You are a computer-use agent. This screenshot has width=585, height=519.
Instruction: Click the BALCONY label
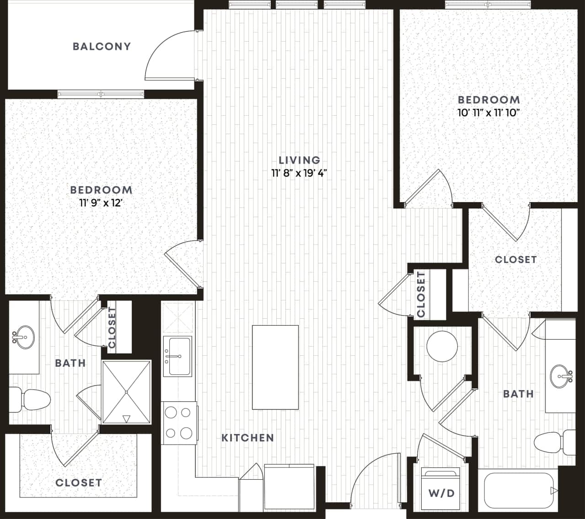coord(102,46)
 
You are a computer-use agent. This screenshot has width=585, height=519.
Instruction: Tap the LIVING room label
coord(299,160)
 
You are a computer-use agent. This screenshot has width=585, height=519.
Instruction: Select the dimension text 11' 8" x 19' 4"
coord(299,173)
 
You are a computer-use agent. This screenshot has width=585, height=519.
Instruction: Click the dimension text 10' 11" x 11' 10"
coord(489,113)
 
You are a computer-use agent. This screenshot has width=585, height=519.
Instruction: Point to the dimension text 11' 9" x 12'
coord(101,203)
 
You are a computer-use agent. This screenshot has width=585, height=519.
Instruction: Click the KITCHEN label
coord(247,438)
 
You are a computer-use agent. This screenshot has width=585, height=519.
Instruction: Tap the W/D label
coord(441,493)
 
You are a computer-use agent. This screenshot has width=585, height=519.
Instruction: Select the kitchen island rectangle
coord(275,367)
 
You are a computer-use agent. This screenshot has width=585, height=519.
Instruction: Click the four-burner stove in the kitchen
coord(178,423)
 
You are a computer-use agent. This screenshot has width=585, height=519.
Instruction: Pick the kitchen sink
coord(177,356)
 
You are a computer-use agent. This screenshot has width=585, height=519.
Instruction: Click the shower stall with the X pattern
coord(126,392)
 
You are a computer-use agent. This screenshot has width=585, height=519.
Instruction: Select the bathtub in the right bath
coord(518,490)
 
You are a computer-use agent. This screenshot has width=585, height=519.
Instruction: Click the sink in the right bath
coord(561,376)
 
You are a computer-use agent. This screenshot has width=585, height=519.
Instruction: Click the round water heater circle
coord(442,346)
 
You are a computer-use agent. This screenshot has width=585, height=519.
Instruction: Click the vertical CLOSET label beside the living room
coord(421,294)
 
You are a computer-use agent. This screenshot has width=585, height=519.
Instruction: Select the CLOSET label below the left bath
coord(79,482)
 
